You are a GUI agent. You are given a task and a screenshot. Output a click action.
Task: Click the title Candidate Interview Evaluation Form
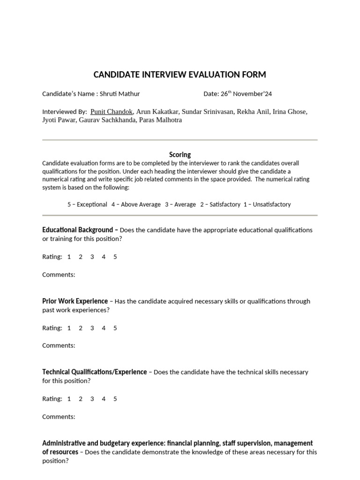click(x=180, y=75)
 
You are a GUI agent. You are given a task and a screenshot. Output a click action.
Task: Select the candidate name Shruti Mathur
click(x=120, y=94)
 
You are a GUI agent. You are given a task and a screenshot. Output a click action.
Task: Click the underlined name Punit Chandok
click(x=112, y=112)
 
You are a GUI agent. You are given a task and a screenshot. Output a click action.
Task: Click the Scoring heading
click(x=180, y=155)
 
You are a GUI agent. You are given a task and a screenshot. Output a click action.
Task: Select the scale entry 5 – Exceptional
click(x=87, y=204)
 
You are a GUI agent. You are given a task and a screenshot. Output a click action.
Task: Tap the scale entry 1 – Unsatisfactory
click(x=267, y=204)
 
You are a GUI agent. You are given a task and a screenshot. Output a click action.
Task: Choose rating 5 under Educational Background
click(x=115, y=257)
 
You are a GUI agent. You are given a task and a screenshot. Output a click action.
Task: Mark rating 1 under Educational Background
click(x=69, y=257)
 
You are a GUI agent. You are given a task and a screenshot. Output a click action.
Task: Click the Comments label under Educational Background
click(x=59, y=275)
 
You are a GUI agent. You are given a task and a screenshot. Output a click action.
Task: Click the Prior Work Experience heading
click(x=75, y=301)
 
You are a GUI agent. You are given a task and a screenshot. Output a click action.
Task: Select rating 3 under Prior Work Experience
click(x=92, y=328)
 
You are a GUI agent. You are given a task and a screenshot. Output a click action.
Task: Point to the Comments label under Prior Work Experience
click(x=59, y=345)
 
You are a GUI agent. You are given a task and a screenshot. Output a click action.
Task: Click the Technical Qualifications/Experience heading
click(x=94, y=372)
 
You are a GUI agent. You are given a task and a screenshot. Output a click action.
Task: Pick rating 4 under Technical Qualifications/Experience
click(x=104, y=399)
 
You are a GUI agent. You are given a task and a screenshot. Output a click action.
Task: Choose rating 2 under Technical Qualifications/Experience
click(x=81, y=399)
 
